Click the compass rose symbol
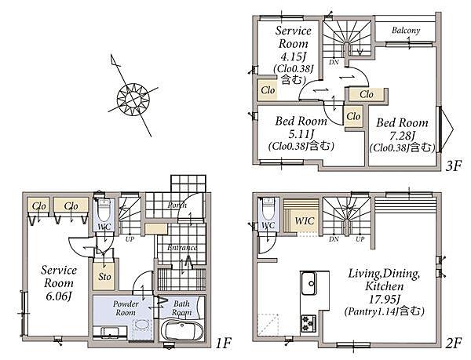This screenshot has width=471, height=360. (x=133, y=99)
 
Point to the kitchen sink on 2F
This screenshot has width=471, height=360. (x=310, y=284)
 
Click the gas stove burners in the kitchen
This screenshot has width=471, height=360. (x=309, y=324)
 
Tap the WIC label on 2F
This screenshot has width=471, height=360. (x=305, y=221)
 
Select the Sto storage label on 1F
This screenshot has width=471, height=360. (x=104, y=277)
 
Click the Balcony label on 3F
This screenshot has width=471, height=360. (x=406, y=30)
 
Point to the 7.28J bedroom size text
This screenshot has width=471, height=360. (x=402, y=136)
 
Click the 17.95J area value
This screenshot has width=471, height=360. (x=384, y=299)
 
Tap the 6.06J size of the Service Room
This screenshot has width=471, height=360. (x=59, y=296)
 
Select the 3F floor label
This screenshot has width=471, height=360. (x=453, y=166)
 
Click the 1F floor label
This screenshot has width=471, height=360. (x=223, y=343)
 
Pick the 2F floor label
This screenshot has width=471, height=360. (x=453, y=344)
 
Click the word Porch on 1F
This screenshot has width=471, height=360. (x=177, y=205)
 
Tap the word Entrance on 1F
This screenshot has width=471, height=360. (x=182, y=248)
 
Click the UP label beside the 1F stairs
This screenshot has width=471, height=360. (x=130, y=239)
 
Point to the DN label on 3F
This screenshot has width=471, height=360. (x=334, y=62)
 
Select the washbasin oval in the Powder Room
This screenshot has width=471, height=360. (x=141, y=325)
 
